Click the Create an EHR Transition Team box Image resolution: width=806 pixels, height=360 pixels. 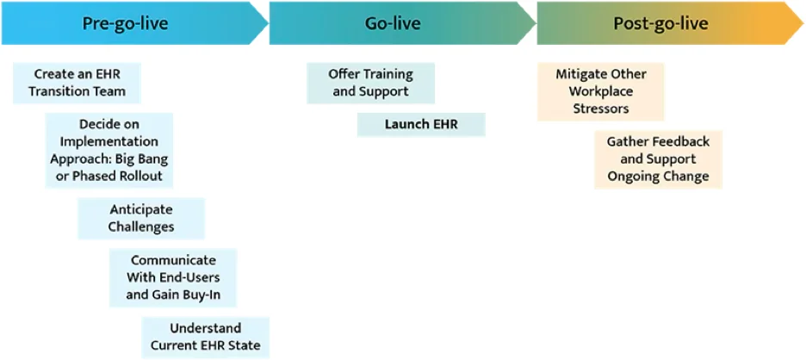coord(77,84)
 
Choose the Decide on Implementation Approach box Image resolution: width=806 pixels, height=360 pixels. coord(109,150)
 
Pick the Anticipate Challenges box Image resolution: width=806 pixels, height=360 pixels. coord(141,219)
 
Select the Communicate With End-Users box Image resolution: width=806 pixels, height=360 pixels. coord(173,278)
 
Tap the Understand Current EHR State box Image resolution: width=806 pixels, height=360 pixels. coord(206,338)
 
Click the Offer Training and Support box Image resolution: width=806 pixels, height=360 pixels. coord(370,84)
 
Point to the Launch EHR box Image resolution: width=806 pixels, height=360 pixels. coord(421,125)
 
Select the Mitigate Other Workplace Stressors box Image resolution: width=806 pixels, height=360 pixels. coord(601,91)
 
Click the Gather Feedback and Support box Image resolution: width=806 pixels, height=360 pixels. coord(659,159)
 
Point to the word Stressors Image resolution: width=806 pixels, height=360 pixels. coord(601,109)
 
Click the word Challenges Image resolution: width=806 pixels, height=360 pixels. coord(141,227)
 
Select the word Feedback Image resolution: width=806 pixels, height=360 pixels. coord(684,142)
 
